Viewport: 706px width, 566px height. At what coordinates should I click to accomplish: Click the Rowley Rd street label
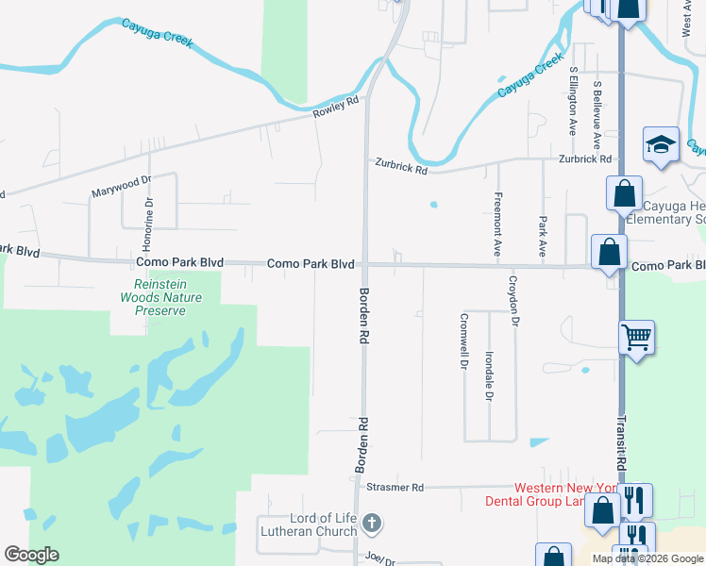pyautogui.click(x=336, y=107)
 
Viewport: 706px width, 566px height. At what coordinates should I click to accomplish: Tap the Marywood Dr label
pyautogui.click(x=120, y=187)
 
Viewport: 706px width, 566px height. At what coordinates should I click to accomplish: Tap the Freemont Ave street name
pyautogui.click(x=497, y=225)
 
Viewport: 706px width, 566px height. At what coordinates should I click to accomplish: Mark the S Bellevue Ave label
pyautogui.click(x=597, y=114)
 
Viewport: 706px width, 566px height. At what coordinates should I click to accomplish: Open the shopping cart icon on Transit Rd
pyautogui.click(x=637, y=336)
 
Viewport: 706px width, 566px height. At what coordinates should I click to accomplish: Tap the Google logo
pyautogui.click(x=31, y=555)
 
